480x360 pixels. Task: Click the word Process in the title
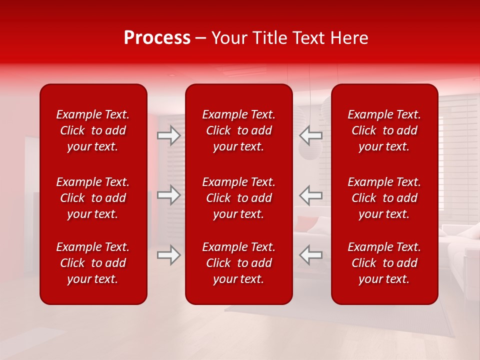tap(157, 38)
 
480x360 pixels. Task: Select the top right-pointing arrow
tap(169, 135)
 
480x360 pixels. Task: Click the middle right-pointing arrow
tap(169, 195)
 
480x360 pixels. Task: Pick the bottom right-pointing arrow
tap(169, 255)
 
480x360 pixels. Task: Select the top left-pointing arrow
tap(311, 135)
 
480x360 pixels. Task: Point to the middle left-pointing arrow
tap(311, 195)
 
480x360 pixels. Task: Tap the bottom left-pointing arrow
tap(311, 255)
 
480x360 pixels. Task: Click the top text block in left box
tap(93, 130)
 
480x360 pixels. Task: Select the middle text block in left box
tap(93, 198)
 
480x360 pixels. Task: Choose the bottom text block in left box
tap(93, 263)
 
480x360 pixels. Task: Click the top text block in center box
tap(239, 130)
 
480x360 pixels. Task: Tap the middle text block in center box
tap(239, 198)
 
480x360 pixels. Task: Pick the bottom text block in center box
tap(239, 263)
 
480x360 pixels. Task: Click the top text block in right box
tap(384, 130)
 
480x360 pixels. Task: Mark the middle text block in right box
tap(384, 198)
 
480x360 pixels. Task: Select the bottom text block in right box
tap(384, 263)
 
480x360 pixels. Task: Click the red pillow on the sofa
tap(306, 223)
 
